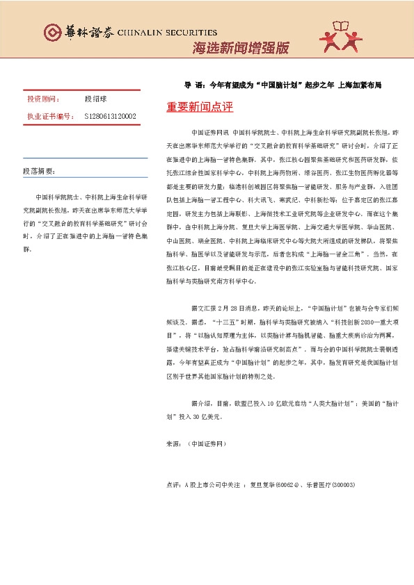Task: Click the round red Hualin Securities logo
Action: coord(51,33)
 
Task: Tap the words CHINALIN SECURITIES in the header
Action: coord(166,32)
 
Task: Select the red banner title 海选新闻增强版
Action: coord(240,48)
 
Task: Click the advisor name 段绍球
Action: coord(96,99)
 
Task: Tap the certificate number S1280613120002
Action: coord(110,116)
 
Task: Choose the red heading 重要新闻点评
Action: coord(200,107)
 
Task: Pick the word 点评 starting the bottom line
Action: coord(174,484)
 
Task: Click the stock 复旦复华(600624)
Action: coord(274,484)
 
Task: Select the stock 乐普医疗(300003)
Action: coord(331,484)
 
